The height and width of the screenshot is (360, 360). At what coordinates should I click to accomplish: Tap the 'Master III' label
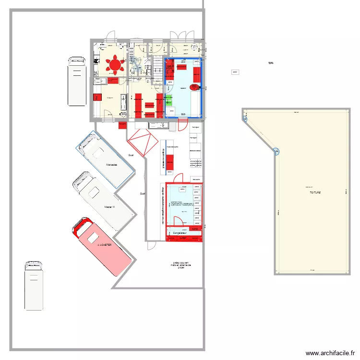coord(110,207)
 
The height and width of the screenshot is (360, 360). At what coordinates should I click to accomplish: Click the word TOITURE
coord(315,192)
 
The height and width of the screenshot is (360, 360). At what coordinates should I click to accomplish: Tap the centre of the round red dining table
coord(115,64)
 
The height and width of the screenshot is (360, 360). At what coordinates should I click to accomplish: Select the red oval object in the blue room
coord(194,87)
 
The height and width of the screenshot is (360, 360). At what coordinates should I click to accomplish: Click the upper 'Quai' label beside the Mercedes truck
coord(131,155)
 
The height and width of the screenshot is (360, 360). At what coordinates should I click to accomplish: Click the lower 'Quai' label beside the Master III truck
coord(142,193)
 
